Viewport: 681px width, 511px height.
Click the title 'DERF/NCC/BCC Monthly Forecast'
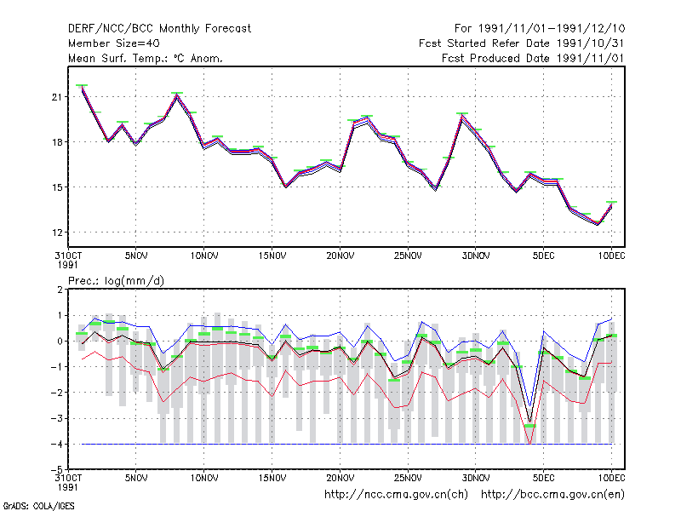point(159,29)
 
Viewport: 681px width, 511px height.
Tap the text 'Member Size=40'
point(114,43)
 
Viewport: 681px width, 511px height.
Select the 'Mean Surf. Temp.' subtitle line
point(145,58)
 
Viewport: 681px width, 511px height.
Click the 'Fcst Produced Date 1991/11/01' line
point(533,58)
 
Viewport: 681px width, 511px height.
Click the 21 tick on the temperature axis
point(57,97)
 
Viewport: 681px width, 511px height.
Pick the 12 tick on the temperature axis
point(57,233)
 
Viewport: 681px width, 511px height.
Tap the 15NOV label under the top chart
point(272,256)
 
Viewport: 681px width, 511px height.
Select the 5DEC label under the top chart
point(543,256)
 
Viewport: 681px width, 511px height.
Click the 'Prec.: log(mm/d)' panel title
point(116,281)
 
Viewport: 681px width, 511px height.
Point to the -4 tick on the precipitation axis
point(57,444)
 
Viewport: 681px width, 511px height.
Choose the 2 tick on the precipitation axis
point(60,290)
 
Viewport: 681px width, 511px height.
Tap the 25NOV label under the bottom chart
point(408,478)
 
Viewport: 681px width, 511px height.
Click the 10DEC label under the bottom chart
point(611,478)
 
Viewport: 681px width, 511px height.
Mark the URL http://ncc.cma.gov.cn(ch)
point(396,495)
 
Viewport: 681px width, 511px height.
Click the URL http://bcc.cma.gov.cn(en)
point(552,495)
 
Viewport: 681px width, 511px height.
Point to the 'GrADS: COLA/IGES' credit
point(38,506)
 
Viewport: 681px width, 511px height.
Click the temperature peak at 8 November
point(177,95)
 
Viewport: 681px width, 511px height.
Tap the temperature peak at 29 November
point(462,115)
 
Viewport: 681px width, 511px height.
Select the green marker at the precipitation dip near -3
point(529,426)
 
